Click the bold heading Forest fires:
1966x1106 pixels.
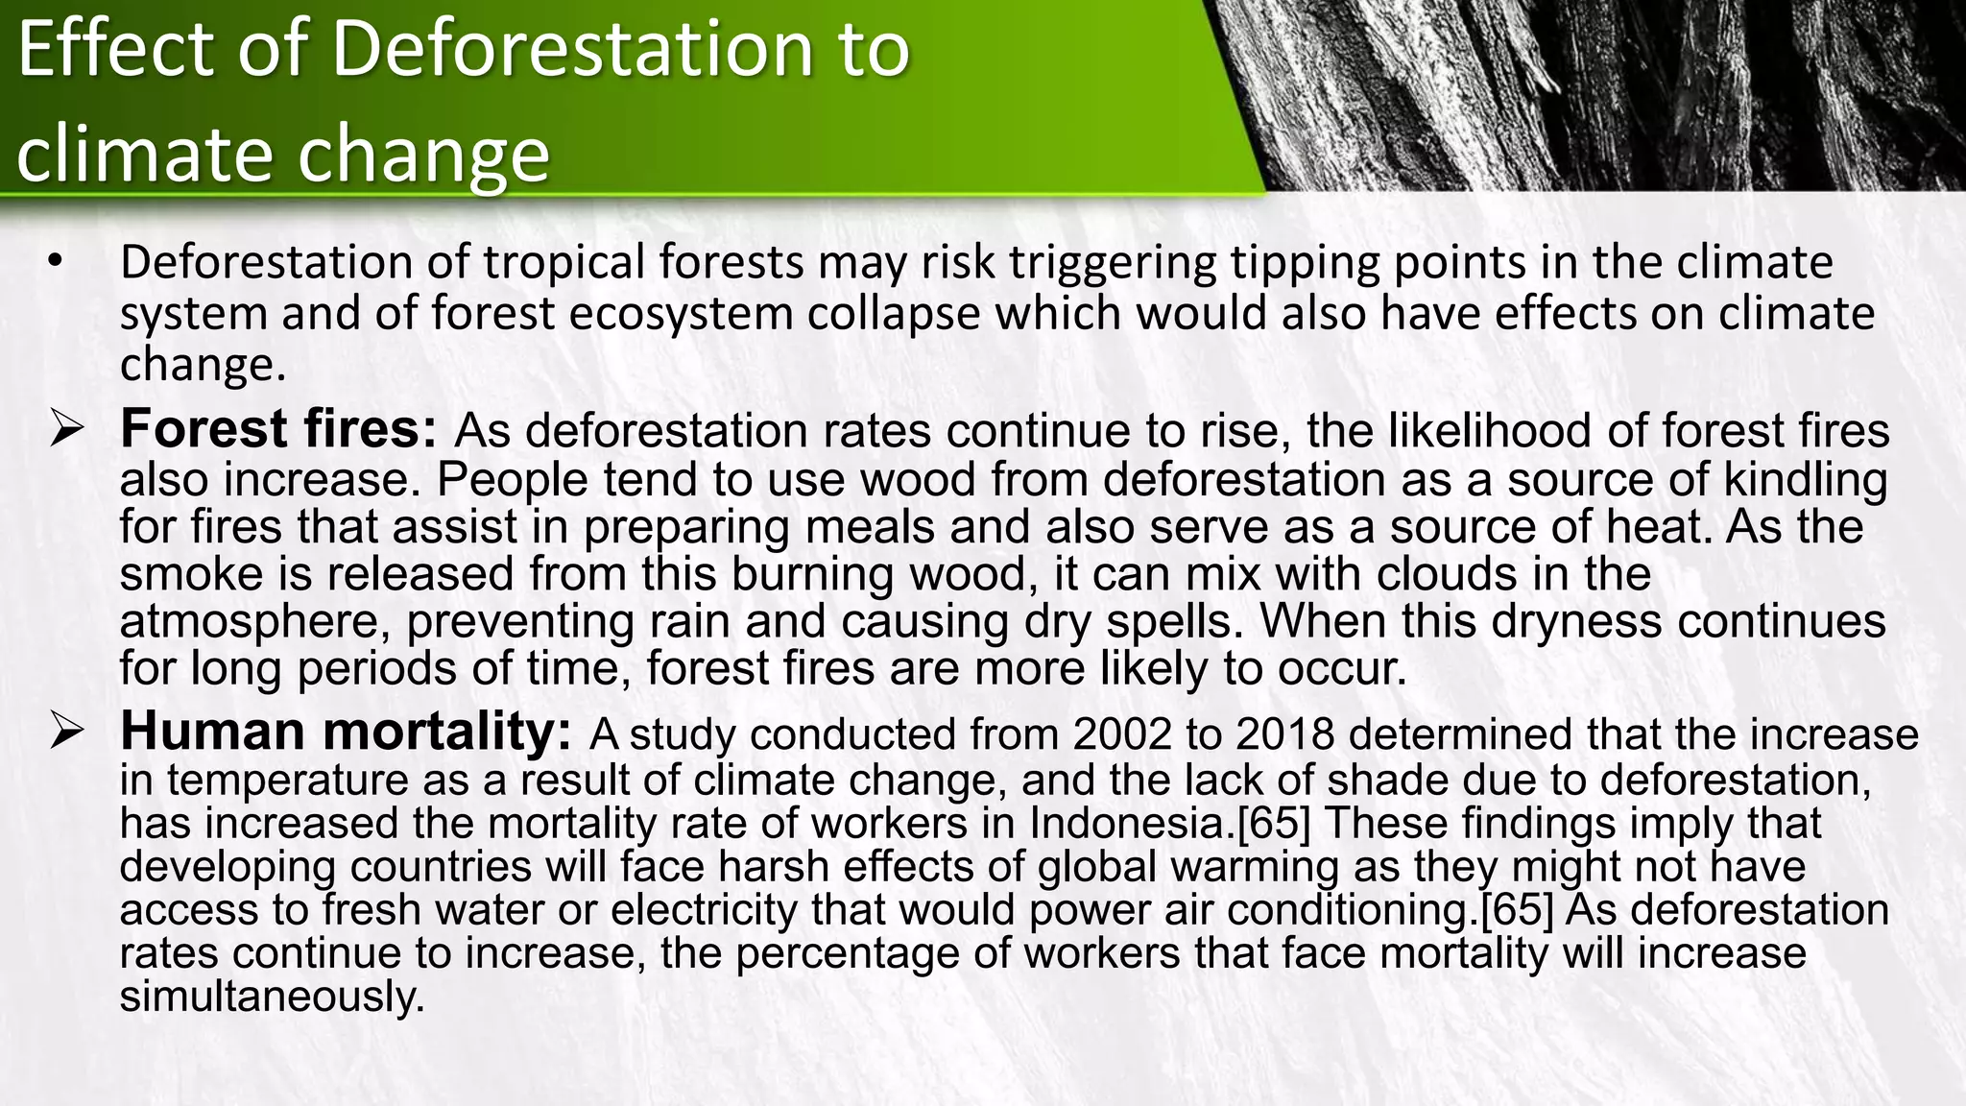[278, 429]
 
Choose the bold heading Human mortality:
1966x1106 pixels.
[346, 732]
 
